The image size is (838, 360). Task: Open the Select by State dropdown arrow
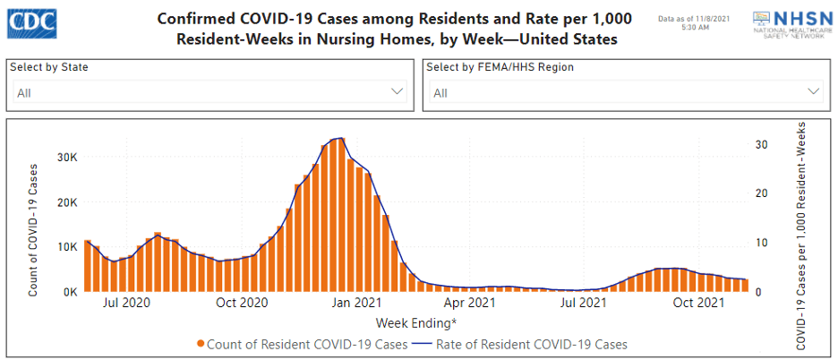[x=398, y=91]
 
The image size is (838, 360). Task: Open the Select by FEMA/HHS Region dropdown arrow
[x=814, y=91]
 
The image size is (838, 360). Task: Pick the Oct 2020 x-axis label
[x=243, y=304]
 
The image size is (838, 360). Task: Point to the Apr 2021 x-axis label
[x=471, y=304]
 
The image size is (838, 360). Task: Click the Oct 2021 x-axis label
[x=698, y=304]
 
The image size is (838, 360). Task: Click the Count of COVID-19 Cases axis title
[x=33, y=228]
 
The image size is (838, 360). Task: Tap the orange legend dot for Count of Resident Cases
[x=201, y=344]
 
